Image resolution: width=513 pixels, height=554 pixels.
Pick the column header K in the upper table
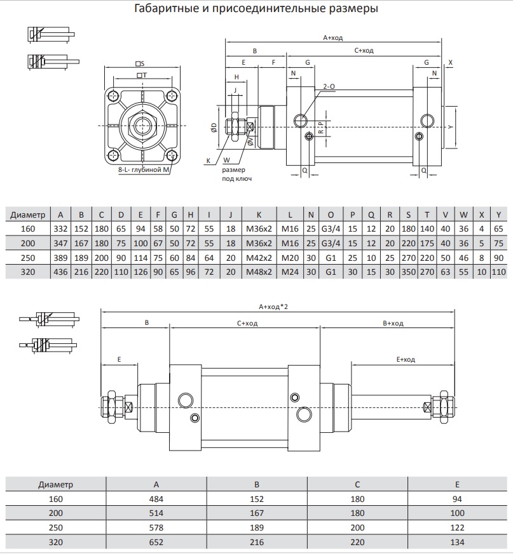[259, 213]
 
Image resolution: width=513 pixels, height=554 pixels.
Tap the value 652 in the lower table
[156, 542]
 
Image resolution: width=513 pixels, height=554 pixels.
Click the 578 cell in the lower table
[156, 527]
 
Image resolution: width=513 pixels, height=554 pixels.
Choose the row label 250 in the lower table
[56, 527]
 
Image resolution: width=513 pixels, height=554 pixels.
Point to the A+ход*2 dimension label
[277, 306]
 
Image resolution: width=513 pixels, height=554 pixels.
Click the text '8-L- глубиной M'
[144, 171]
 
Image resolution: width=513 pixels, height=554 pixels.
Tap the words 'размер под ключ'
[237, 175]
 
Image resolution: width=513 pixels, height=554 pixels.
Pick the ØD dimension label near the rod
[214, 128]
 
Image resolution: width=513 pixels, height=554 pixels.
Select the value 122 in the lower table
[456, 527]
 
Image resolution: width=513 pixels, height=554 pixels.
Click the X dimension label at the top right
[450, 62]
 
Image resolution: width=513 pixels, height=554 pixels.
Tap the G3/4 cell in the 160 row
[330, 228]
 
